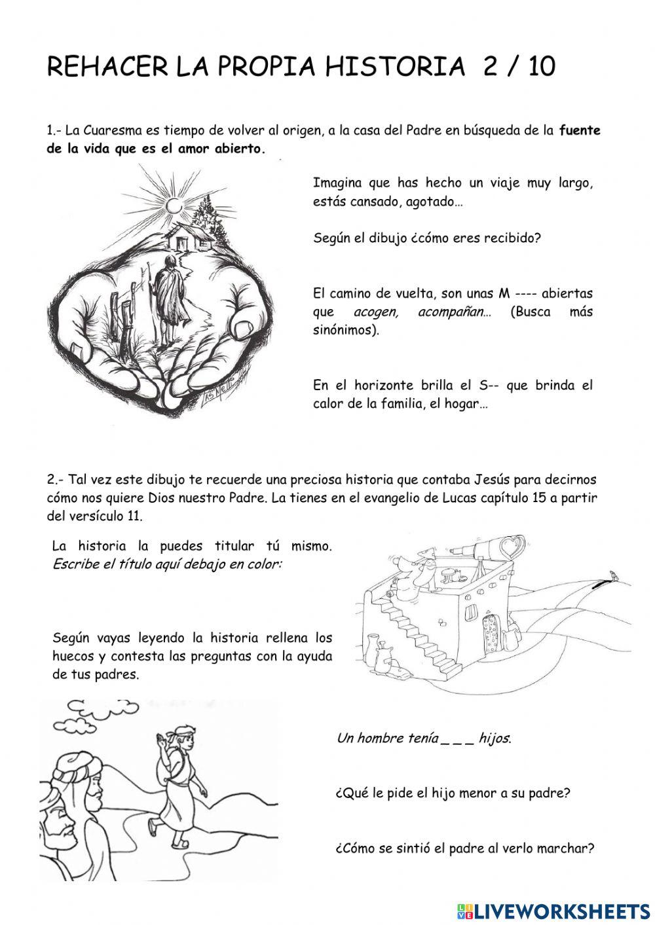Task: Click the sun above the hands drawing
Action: click(x=174, y=206)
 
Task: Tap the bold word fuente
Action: click(x=580, y=130)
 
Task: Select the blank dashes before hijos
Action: click(x=457, y=739)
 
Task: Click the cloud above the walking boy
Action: click(x=98, y=714)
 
